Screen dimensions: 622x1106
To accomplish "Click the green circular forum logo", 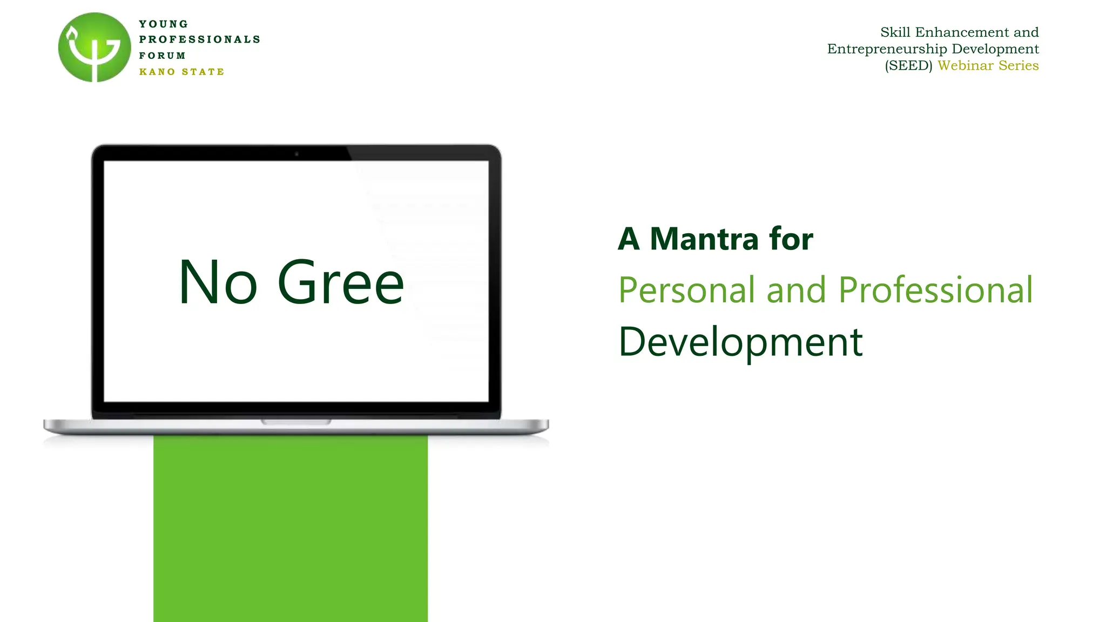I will (x=95, y=48).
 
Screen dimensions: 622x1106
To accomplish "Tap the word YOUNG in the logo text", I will (x=164, y=24).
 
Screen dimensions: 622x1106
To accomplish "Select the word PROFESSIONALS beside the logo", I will (x=200, y=39).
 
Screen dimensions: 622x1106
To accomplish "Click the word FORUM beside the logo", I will (x=163, y=56).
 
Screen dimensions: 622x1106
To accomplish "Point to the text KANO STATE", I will (x=181, y=72).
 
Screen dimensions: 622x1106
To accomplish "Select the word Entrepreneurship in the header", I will (x=887, y=49).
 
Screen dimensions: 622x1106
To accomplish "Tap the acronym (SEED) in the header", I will (x=908, y=66).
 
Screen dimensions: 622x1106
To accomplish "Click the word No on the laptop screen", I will (x=218, y=282).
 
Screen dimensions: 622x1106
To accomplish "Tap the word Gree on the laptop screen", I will (x=341, y=282).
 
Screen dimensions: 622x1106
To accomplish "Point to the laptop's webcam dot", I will (x=296, y=154).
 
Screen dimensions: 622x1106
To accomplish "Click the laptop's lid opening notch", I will (x=296, y=421).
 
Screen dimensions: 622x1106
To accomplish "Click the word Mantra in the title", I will (x=704, y=239).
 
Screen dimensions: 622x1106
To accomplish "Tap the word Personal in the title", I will (x=686, y=290).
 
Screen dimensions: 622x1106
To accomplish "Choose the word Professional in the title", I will (x=935, y=290).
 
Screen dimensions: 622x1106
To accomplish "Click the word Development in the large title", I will (x=740, y=342).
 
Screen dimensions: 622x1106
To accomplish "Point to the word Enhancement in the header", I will (x=962, y=32).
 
